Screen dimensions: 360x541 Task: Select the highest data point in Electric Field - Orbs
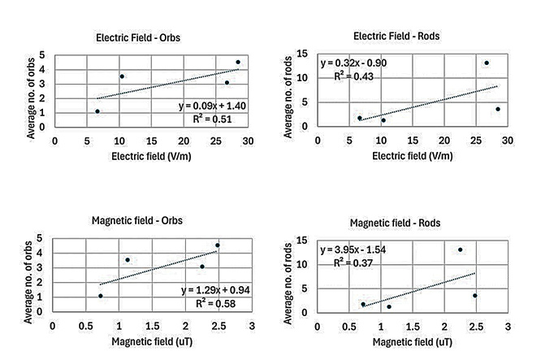(238, 62)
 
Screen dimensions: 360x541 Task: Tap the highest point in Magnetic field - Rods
(460, 249)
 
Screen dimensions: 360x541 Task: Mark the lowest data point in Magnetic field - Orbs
(101, 296)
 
